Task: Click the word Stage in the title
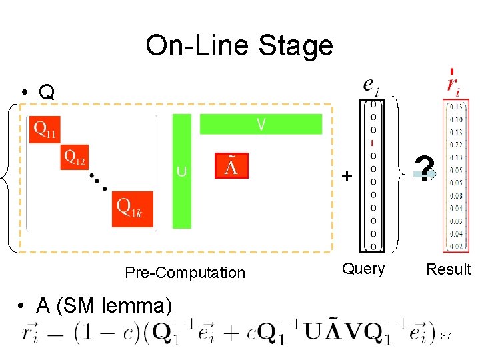[x=297, y=46]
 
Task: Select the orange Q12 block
[x=75, y=157]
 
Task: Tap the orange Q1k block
[x=132, y=208]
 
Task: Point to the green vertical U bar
[x=181, y=171]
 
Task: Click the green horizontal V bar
[x=261, y=124]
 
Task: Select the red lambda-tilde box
[x=231, y=166]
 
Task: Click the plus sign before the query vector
[x=346, y=176]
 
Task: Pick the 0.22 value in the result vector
[x=456, y=145]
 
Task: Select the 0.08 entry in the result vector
[x=456, y=195]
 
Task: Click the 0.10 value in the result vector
[x=456, y=119]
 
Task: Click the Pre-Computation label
[x=185, y=273]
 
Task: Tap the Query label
[x=363, y=269]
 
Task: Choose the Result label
[x=449, y=269]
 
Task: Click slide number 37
[x=446, y=336]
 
